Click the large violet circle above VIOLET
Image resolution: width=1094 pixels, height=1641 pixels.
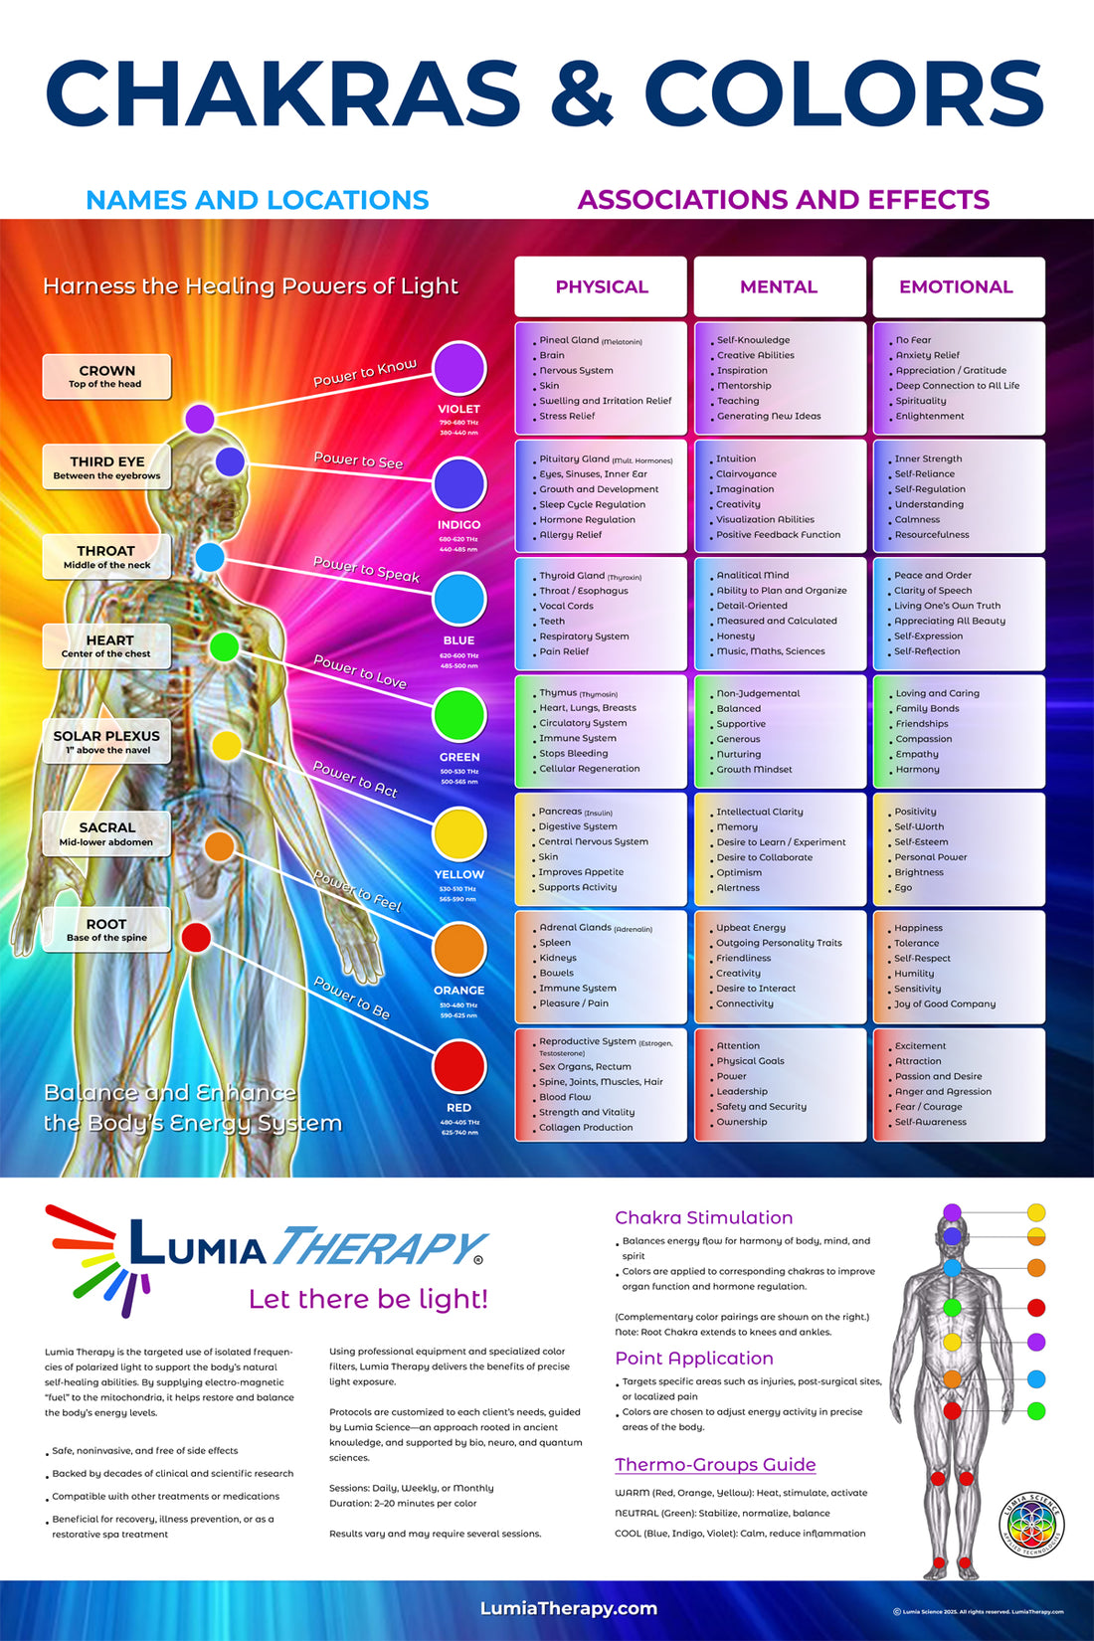click(x=458, y=368)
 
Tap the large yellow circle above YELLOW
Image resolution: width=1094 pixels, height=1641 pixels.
click(x=458, y=833)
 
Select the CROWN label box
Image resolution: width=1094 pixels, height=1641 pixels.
click(x=106, y=377)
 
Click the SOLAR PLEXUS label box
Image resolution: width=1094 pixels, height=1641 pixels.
click(x=106, y=742)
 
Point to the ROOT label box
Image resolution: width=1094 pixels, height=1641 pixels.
click(x=106, y=930)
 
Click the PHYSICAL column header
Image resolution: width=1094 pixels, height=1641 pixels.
click(x=601, y=286)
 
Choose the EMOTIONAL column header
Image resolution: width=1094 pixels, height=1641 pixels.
click(x=956, y=286)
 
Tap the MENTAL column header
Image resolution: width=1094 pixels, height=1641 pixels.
click(x=779, y=286)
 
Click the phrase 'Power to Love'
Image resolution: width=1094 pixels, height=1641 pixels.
click(x=360, y=671)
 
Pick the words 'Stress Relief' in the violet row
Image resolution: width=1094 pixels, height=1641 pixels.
click(x=567, y=417)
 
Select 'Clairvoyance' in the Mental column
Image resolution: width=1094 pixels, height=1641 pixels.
click(x=746, y=474)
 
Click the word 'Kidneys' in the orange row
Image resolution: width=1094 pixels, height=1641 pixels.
click(x=558, y=958)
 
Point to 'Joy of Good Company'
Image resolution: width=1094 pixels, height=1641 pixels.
click(x=945, y=1004)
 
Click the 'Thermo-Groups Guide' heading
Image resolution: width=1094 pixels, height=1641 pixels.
click(x=715, y=1465)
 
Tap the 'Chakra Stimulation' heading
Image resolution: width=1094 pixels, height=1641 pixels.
click(x=703, y=1218)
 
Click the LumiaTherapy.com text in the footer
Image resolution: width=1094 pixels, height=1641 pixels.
click(x=568, y=1608)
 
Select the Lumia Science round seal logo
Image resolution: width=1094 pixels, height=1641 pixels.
click(x=1031, y=1525)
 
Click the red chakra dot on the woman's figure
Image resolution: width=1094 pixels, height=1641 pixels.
click(x=196, y=937)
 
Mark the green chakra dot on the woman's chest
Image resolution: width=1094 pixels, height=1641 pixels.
click(x=224, y=647)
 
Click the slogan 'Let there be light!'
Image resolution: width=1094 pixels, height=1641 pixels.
click(x=368, y=1299)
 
